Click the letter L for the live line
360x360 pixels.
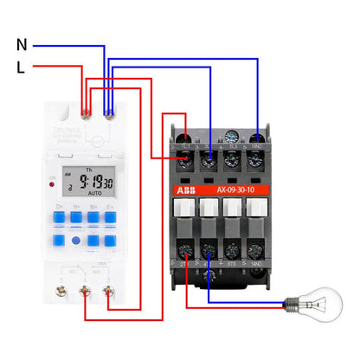pos(21,66)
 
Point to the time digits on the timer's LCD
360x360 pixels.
pos(96,183)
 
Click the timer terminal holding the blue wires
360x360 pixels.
pos(106,110)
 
